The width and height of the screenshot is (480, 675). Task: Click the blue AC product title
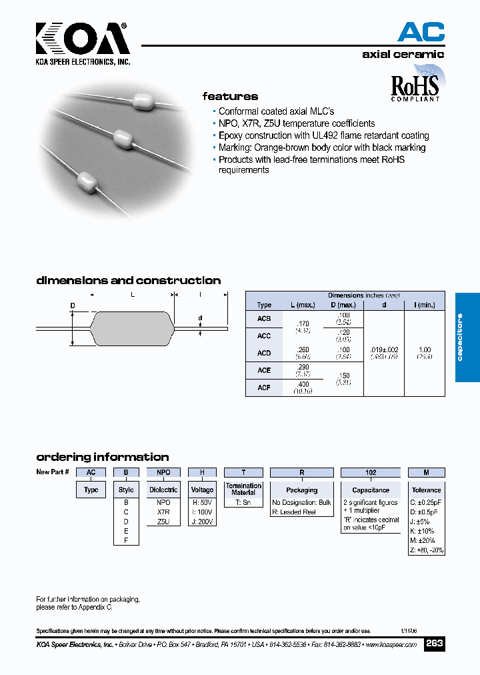coord(421,31)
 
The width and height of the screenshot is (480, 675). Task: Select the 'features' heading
coord(230,96)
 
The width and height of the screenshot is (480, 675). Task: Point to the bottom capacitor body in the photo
coord(87,181)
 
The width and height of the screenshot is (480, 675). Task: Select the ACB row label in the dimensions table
coord(264,319)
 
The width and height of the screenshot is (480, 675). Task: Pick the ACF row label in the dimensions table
coord(264,388)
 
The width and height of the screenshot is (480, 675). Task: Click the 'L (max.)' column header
coord(303,305)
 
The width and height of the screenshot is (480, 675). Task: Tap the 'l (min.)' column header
coord(424,305)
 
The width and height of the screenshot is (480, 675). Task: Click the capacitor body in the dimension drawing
coord(131,328)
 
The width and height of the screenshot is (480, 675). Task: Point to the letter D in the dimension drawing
coord(73,305)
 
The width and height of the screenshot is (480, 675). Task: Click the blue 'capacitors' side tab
coord(467,337)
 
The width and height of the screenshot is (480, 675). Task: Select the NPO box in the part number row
coord(163,472)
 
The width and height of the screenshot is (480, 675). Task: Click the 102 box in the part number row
coord(371,472)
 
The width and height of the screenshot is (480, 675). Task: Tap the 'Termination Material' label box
coord(243,489)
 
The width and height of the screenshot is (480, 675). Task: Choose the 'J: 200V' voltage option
coord(202,522)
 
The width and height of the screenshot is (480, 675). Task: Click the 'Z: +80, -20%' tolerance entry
coord(426,550)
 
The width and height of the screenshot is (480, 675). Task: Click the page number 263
coord(434,644)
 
